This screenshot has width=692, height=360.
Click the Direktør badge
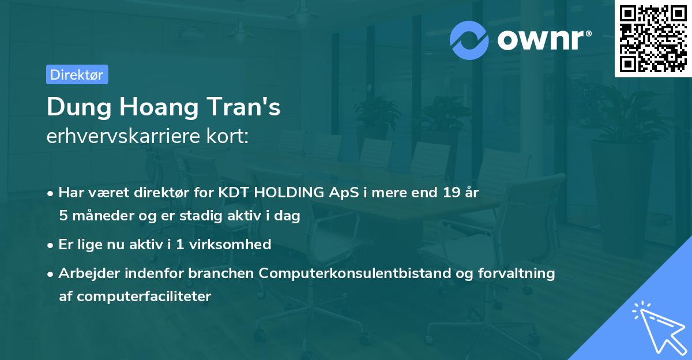(x=77, y=74)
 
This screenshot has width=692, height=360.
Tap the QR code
(x=653, y=39)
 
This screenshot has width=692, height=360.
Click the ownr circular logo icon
(x=469, y=40)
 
